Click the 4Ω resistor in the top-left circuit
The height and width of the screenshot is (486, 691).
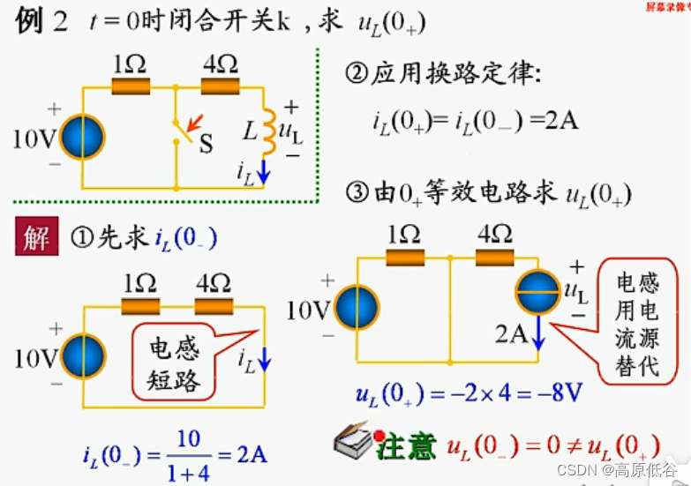[221, 87]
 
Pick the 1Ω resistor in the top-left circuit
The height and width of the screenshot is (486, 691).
[131, 87]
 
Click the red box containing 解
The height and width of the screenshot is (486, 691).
[35, 237]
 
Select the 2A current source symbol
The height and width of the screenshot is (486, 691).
[538, 293]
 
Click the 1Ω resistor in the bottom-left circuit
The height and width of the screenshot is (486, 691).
[140, 305]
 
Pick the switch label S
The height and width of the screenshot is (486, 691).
[206, 144]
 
